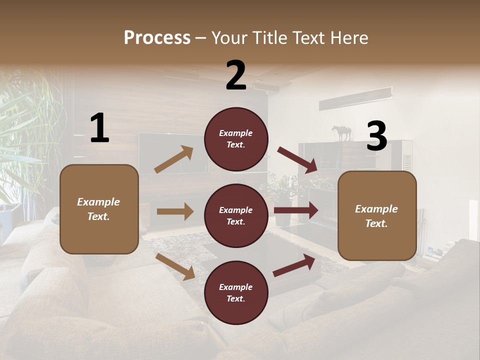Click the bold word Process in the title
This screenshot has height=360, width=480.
pyautogui.click(x=157, y=37)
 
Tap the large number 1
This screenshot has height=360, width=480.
pyautogui.click(x=99, y=128)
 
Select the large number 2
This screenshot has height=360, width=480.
pyautogui.click(x=236, y=75)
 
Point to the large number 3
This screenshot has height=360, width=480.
pyautogui.click(x=376, y=136)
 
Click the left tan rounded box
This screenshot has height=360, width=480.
pyautogui.click(x=99, y=209)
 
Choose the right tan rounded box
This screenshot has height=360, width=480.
pyautogui.click(x=377, y=216)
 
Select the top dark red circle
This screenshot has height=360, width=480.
pyautogui.click(x=236, y=139)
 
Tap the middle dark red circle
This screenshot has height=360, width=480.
pyautogui.click(x=236, y=216)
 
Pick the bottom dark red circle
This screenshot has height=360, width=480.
pyautogui.click(x=236, y=293)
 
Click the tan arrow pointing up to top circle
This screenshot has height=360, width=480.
pyautogui.click(x=174, y=159)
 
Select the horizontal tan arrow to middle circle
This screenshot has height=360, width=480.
pyautogui.click(x=175, y=211)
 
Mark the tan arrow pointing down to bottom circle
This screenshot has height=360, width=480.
pyautogui.click(x=175, y=266)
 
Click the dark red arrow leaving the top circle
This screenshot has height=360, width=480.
pyautogui.click(x=297, y=159)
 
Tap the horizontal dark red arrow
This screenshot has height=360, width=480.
pyautogui.click(x=296, y=210)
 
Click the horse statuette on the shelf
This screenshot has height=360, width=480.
pyautogui.click(x=342, y=133)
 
